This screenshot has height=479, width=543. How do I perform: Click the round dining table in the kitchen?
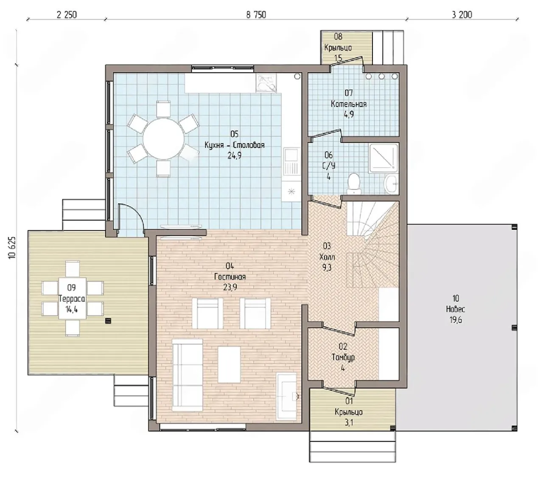point(163,139)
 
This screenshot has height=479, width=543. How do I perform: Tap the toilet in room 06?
point(354,183)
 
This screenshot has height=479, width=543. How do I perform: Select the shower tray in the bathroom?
point(383,158)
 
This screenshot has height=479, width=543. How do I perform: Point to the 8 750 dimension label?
point(256,15)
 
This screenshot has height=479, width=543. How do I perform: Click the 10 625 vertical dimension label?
point(12,248)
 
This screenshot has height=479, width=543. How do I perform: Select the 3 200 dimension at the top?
point(462,15)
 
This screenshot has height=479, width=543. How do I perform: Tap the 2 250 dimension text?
point(67,15)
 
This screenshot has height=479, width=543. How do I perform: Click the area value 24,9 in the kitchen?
point(234,155)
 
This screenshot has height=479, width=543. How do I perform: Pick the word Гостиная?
point(230,277)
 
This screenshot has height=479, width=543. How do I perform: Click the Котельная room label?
point(348,104)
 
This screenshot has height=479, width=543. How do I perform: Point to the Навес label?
point(455,309)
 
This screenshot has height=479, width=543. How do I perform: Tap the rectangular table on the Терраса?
point(73,299)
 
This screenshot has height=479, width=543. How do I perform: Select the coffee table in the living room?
point(229,364)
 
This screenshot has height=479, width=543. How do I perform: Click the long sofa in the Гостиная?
point(188,375)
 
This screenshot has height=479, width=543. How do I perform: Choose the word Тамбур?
point(343,357)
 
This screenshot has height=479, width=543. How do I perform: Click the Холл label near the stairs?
point(327,257)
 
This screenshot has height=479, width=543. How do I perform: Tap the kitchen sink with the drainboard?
point(291,161)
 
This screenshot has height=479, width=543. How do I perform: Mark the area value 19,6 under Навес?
point(456,320)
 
